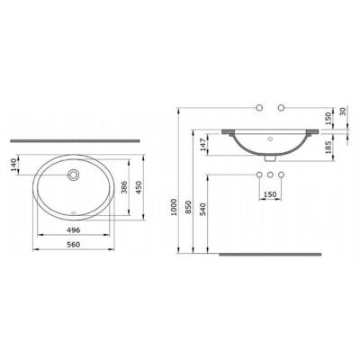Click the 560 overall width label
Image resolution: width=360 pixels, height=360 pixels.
pyautogui.click(x=76, y=251)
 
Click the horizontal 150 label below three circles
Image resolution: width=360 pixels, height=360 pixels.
pyautogui.click(x=269, y=193)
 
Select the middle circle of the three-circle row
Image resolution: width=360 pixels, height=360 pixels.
pyautogui.click(x=269, y=174)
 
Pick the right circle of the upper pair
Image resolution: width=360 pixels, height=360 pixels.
pyautogui.click(x=282, y=110)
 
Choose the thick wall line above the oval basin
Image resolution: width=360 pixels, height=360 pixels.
pyautogui.click(x=76, y=140)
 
